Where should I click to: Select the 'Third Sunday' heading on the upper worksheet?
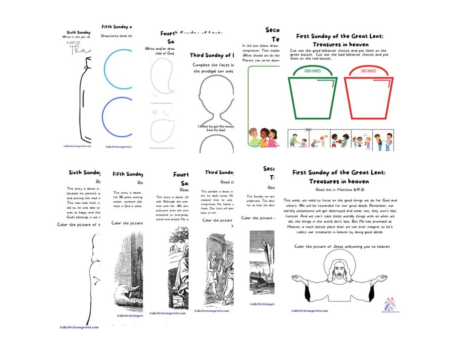click(211, 55)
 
